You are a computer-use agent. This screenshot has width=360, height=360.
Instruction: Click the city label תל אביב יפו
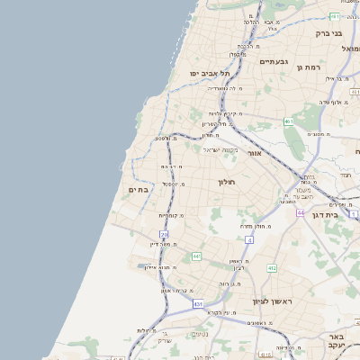210,73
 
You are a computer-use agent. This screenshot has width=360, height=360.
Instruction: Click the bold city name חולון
225,182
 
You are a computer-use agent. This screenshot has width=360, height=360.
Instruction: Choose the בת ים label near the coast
138,189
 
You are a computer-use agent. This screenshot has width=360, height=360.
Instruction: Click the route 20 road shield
164,235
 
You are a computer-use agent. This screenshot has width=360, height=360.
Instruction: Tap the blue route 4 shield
247,239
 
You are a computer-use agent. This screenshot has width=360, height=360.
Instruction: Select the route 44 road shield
300,212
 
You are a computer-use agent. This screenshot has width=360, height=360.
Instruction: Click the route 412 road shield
272,267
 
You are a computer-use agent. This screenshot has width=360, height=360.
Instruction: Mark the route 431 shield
198,304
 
